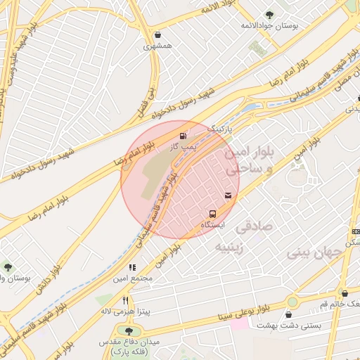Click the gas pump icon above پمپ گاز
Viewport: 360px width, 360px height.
click(184, 135)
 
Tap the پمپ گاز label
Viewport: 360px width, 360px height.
click(181, 147)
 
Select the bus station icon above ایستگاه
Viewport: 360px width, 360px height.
click(212, 214)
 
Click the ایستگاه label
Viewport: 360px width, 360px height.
click(212, 225)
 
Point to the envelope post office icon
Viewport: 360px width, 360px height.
click(229, 195)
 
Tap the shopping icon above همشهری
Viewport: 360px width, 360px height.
click(157, 34)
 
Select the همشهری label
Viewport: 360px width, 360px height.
click(157, 46)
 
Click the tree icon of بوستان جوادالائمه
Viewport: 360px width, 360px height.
click(270, 15)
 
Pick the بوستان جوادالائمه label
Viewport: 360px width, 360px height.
click(270, 25)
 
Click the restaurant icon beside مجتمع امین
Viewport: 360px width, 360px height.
click(131, 267)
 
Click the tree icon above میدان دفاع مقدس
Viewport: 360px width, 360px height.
click(128, 330)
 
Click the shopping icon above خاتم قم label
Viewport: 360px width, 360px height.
click(344, 293)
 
